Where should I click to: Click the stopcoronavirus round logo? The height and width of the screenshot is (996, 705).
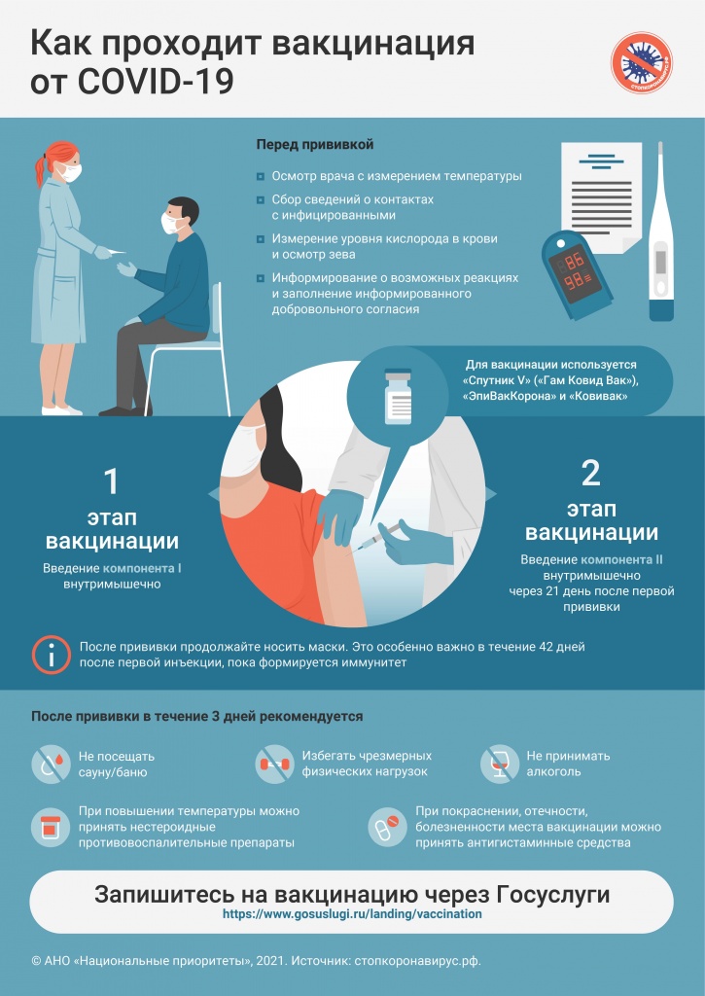pos(642,63)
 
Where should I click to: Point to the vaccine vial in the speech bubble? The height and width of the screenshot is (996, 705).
pos(399,397)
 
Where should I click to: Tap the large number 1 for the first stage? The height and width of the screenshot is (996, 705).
pos(111,480)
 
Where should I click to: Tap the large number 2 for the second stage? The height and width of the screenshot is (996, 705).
pos(590,473)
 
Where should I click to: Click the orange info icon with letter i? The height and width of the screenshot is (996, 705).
pos(51,655)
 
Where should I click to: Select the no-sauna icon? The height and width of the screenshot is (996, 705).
pos(51,765)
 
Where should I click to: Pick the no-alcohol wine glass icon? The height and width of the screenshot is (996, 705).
pos(500,764)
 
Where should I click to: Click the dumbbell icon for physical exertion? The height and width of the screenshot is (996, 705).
pos(274,764)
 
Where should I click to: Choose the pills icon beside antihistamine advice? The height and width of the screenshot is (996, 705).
pos(387,827)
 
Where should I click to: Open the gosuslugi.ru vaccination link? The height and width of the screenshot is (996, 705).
pos(352,914)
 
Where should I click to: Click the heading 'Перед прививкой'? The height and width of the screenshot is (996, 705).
pos(315,145)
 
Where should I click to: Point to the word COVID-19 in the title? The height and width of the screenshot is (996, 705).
pos(156,82)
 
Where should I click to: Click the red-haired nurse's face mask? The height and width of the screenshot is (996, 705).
pos(70,172)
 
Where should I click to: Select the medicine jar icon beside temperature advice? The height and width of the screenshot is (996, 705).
pos(51,827)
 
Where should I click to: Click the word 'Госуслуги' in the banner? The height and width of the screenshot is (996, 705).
pos(552,895)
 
